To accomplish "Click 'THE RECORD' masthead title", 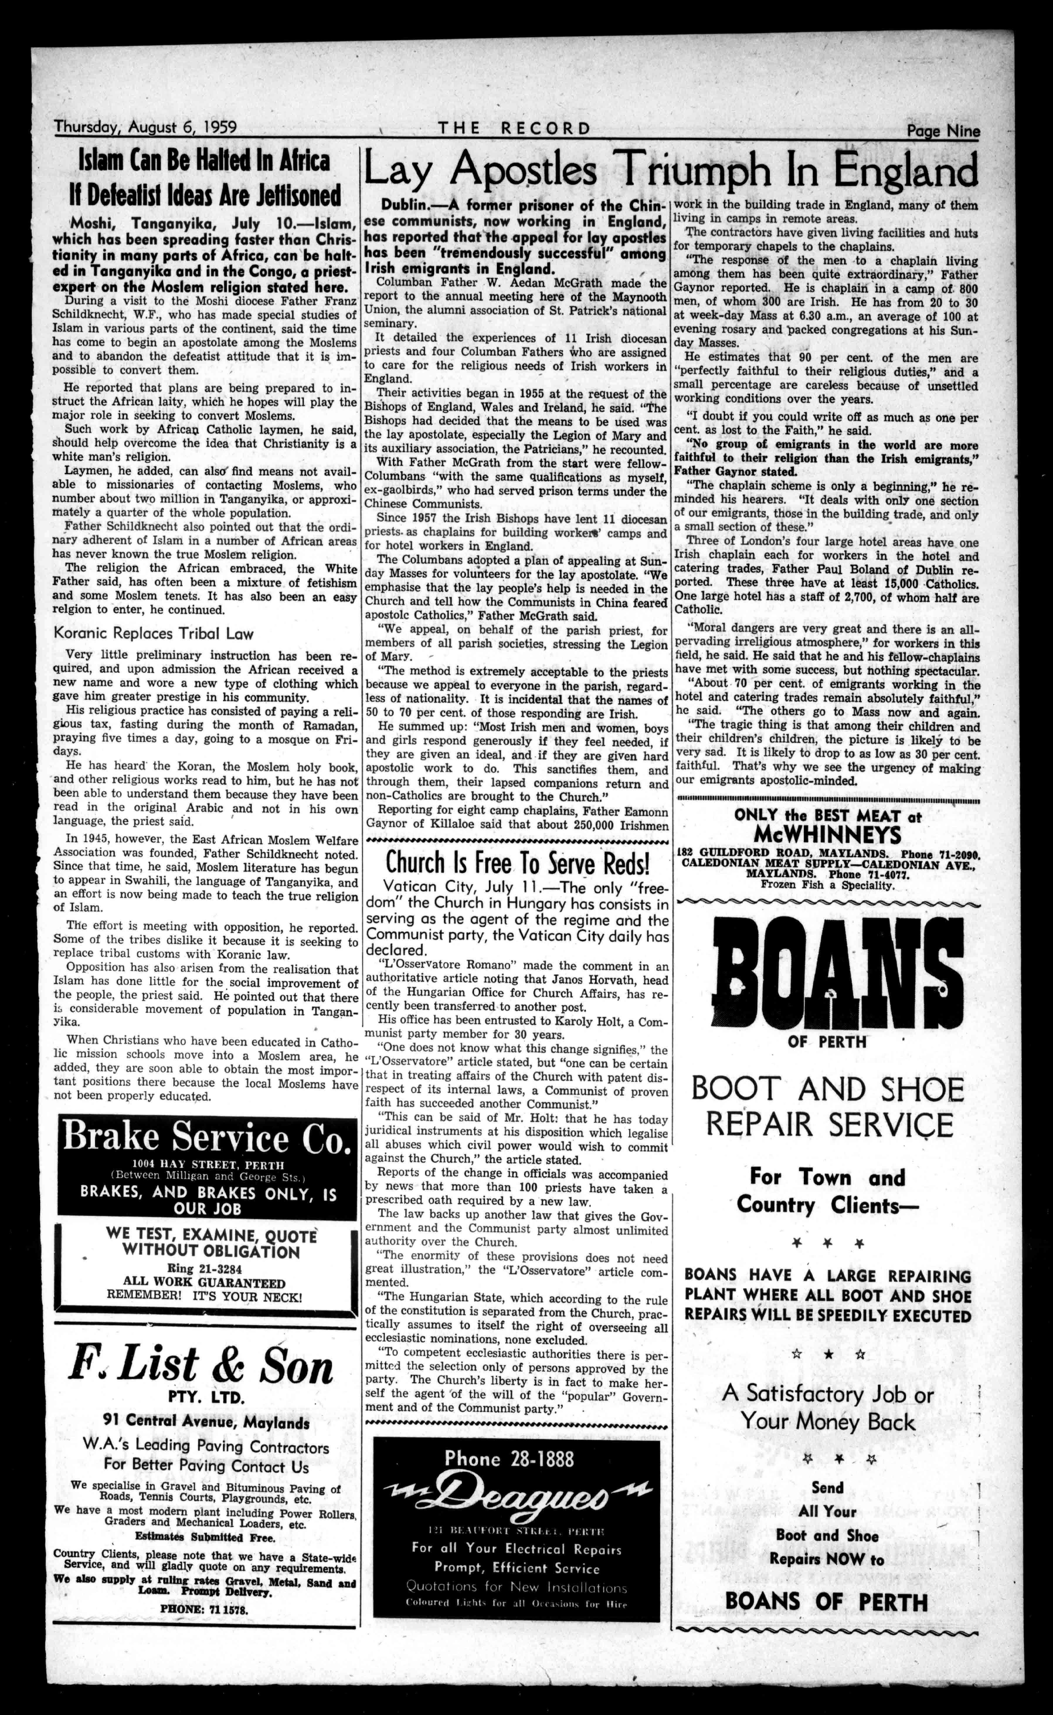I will (x=514, y=128).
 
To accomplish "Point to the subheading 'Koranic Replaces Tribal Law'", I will (x=154, y=634).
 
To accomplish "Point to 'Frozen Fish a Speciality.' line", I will (x=827, y=885).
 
